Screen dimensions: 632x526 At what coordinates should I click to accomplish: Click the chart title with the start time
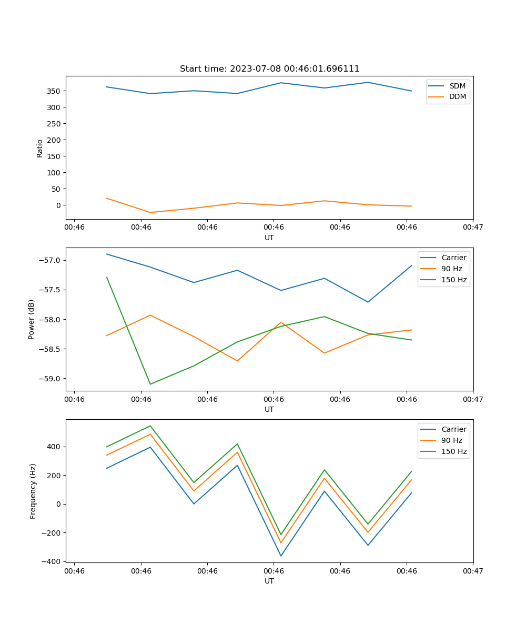[269, 69]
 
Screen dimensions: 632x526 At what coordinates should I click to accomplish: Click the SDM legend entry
[457, 86]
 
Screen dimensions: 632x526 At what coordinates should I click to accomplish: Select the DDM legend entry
[457, 96]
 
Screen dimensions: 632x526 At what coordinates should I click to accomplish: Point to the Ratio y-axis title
[40, 148]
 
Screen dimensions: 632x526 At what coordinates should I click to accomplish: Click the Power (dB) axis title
[32, 319]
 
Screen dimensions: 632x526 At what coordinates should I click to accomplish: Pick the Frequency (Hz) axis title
[33, 491]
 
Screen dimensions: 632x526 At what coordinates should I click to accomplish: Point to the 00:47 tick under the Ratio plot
[473, 228]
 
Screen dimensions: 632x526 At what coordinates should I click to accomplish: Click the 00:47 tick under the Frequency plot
[473, 571]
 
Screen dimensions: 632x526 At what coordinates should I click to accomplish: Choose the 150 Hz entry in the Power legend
[454, 280]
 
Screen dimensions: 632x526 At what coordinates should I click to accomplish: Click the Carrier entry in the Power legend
[454, 258]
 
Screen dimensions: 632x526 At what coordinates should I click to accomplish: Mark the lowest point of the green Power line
[150, 384]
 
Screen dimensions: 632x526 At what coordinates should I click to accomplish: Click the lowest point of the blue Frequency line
[281, 556]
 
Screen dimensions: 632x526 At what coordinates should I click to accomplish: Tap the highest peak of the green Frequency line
[150, 426]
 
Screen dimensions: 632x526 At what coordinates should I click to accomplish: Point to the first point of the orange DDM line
[107, 198]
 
